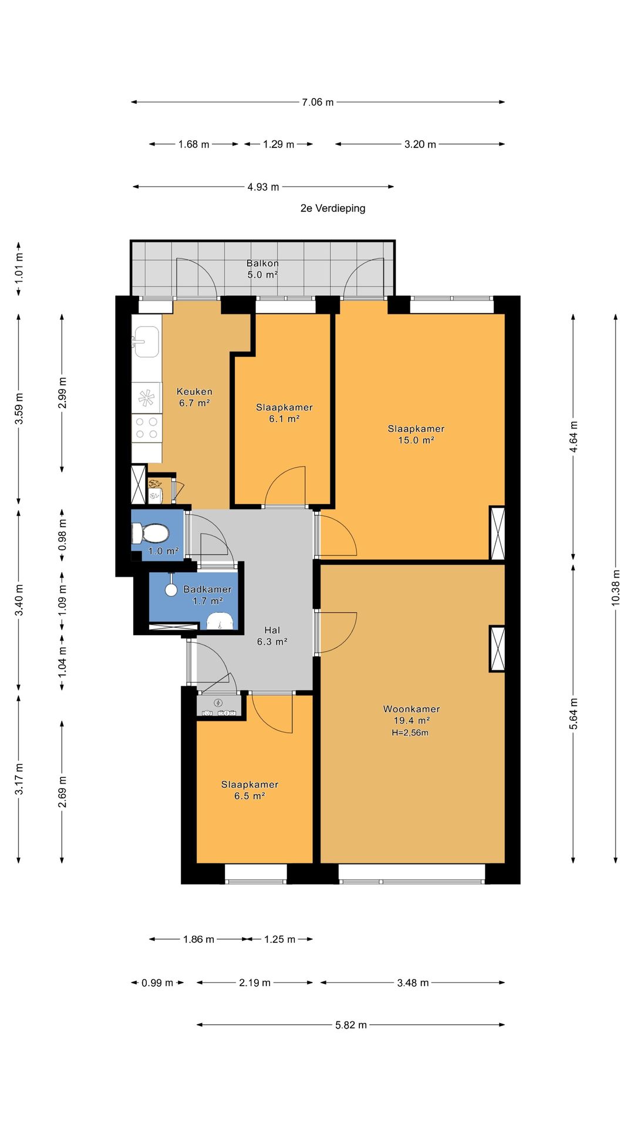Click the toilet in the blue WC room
(x=150, y=534)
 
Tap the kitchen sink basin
(x=146, y=342)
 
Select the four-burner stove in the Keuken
(x=147, y=427)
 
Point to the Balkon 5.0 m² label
(x=262, y=269)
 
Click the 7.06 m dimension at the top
(x=318, y=102)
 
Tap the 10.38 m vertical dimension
(x=616, y=588)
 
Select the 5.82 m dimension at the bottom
(x=351, y=1025)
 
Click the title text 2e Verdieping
(x=333, y=208)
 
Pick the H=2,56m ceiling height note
(x=410, y=733)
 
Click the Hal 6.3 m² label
(x=272, y=636)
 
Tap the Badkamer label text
(x=207, y=589)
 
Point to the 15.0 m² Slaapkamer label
(x=416, y=434)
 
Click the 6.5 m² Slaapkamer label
(x=249, y=790)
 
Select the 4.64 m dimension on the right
(x=574, y=437)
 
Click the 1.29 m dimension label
(x=278, y=144)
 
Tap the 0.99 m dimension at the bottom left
(x=157, y=983)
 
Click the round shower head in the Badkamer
(x=171, y=590)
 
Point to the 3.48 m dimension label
(x=413, y=983)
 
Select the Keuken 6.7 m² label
(x=194, y=397)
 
